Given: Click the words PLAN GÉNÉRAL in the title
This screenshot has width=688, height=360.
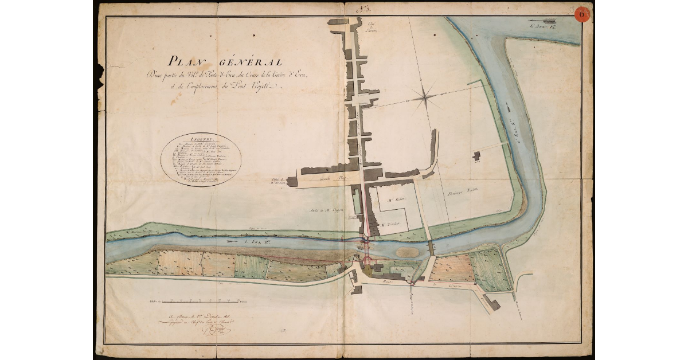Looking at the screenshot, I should (224, 61).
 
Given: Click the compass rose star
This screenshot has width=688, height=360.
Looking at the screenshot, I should (425, 98).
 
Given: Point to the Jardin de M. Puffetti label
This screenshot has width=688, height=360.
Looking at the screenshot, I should (326, 211).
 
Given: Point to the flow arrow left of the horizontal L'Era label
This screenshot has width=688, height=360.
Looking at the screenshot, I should (233, 241).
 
